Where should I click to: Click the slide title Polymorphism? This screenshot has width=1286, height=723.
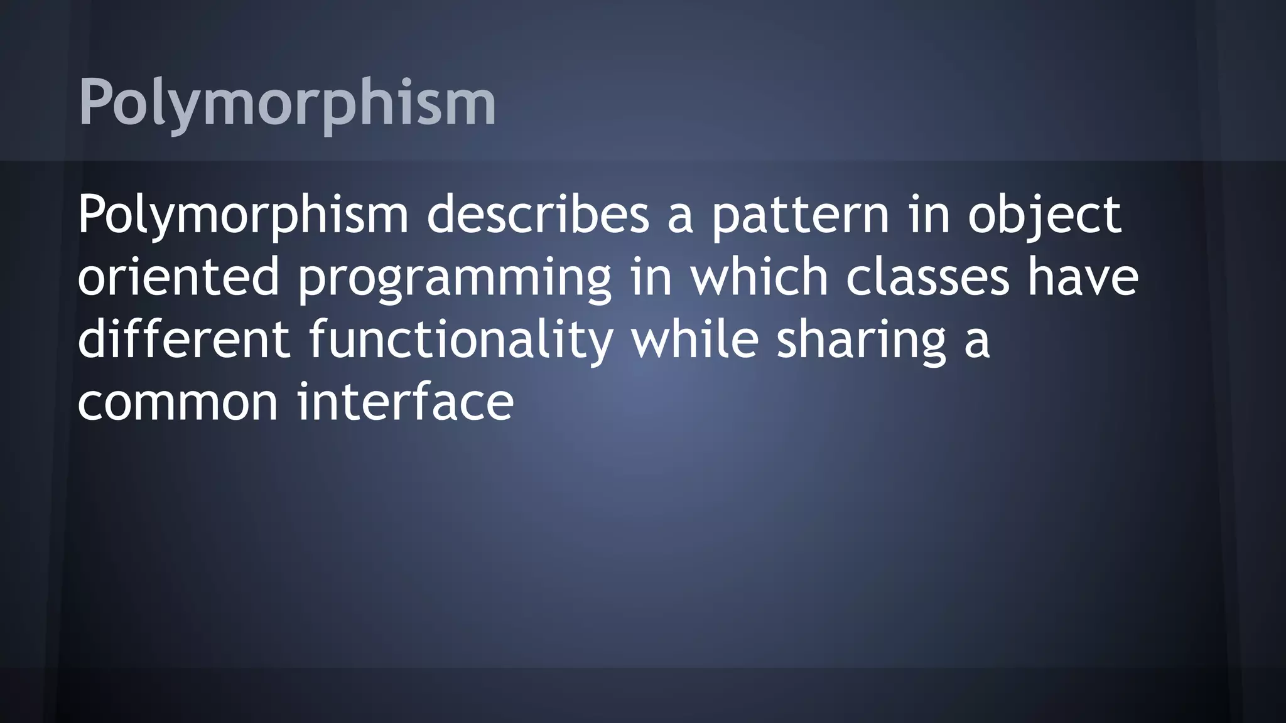pyautogui.click(x=287, y=102)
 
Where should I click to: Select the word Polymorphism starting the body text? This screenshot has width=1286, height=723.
pyautogui.click(x=242, y=215)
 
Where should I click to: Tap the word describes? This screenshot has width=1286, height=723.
pyautogui.click(x=538, y=215)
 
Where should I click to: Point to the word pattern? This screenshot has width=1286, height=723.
pyautogui.click(x=800, y=215)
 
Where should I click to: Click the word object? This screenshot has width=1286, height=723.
pyautogui.click(x=1044, y=215)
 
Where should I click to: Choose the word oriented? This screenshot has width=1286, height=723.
pyautogui.click(x=178, y=277)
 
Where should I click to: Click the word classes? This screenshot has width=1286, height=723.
pyautogui.click(x=927, y=277)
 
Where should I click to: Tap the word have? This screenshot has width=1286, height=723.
pyautogui.click(x=1083, y=277)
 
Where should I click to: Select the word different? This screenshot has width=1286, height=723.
pyautogui.click(x=183, y=340)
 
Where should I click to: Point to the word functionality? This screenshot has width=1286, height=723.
pyautogui.click(x=461, y=340)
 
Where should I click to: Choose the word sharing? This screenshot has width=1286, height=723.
pyautogui.click(x=861, y=340)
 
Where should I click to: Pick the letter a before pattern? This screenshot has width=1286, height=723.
pyautogui.click(x=679, y=215)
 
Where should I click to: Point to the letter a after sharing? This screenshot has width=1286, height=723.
pyautogui.click(x=977, y=340)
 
